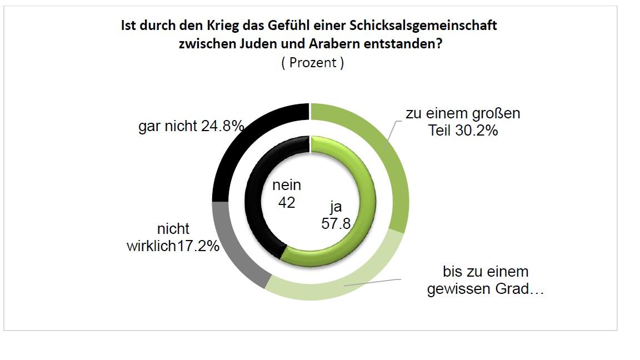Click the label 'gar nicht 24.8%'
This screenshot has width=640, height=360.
coord(191,127)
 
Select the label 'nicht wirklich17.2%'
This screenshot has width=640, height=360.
coord(173,237)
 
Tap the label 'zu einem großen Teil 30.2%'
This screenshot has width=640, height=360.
coord(462,122)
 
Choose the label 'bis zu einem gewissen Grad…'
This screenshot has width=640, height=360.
coord(485,281)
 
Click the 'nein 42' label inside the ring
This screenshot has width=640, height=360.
coord(287,194)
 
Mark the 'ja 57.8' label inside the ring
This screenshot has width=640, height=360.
coord(334,215)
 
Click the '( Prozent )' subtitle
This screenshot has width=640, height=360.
coord(312,63)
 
